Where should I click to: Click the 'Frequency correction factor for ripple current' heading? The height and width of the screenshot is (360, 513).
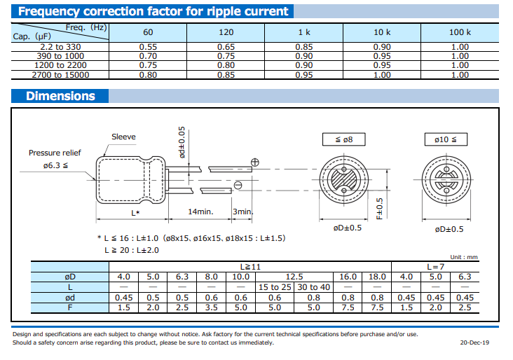tap(153, 11)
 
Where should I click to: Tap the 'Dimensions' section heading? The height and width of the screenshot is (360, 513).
tap(60, 96)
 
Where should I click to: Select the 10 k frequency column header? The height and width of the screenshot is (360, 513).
tap(382, 32)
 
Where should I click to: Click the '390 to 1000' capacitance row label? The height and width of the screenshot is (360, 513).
tap(60, 56)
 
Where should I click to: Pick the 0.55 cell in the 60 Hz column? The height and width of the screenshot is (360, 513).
tap(148, 47)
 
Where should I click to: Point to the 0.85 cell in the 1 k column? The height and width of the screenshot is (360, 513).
tap(304, 47)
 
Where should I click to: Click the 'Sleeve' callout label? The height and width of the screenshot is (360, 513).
tap(123, 137)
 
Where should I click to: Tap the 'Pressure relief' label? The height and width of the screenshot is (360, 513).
tap(55, 153)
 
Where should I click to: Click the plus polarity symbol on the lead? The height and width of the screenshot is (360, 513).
tap(255, 162)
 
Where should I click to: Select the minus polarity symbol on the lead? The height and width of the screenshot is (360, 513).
tap(238, 186)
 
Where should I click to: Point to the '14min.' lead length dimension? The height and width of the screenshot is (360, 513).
tap(200, 212)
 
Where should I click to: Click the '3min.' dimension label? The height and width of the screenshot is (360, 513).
tap(242, 212)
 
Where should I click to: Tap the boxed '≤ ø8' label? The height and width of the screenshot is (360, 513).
tap(344, 139)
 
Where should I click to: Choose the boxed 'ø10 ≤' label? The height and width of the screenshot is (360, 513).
tap(446, 139)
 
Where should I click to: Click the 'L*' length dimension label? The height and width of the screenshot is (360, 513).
tap(135, 213)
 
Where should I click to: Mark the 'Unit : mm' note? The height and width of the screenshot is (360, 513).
tap(464, 257)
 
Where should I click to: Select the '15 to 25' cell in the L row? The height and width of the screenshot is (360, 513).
tap(275, 287)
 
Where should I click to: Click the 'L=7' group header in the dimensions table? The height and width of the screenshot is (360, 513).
tap(435, 267)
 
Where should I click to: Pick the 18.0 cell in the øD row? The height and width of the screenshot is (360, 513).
tap(377, 277)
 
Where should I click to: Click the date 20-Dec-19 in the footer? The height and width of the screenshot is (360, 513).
tap(474, 342)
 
